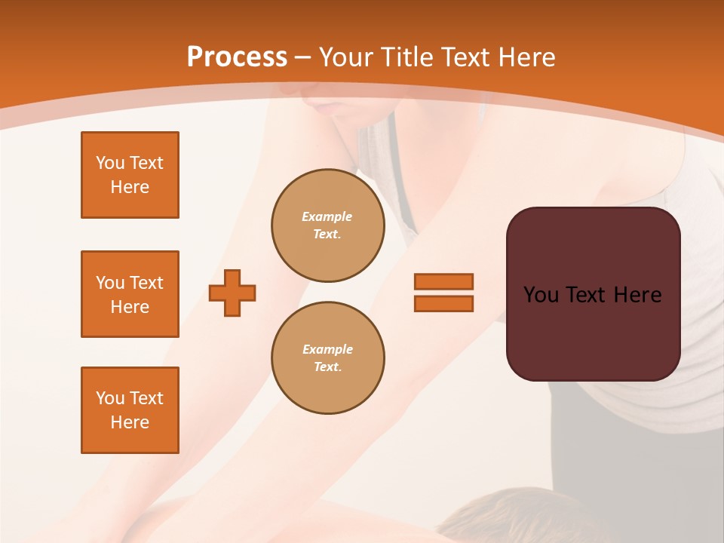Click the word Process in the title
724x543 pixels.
click(x=237, y=57)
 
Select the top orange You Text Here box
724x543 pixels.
click(x=130, y=175)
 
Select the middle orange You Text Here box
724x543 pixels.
click(x=130, y=294)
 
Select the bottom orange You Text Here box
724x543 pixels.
click(x=130, y=410)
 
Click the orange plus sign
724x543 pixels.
click(x=232, y=293)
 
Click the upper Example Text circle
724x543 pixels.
click(x=328, y=225)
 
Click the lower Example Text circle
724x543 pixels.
click(x=328, y=358)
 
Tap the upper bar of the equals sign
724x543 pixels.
click(x=443, y=282)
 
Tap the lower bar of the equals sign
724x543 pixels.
click(x=443, y=303)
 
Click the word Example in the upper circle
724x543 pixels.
click(x=327, y=216)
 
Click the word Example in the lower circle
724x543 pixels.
click(x=327, y=349)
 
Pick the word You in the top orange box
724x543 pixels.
click(x=109, y=163)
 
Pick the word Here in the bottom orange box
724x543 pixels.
click(x=130, y=422)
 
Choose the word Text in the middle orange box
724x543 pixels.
click(x=146, y=283)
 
